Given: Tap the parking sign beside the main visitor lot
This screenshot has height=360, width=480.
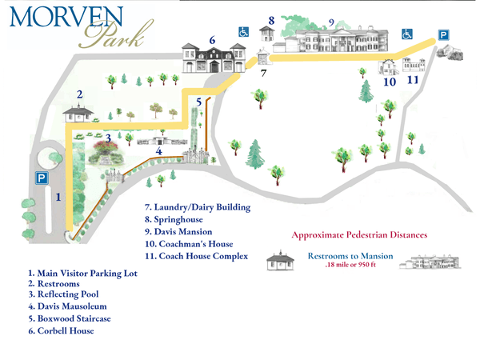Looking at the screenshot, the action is pyautogui.click(x=39, y=178).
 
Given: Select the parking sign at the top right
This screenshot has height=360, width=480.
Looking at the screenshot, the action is pyautogui.click(x=442, y=34).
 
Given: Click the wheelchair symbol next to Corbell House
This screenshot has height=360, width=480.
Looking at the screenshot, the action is pyautogui.click(x=243, y=32).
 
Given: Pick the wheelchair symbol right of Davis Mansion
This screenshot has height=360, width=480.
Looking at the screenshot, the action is pyautogui.click(x=406, y=34).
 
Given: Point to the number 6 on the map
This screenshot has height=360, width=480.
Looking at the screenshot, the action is pyautogui.click(x=212, y=39).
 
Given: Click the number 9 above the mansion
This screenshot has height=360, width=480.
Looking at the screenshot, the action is pyautogui.click(x=330, y=22).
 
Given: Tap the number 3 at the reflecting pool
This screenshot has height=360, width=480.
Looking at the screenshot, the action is pyautogui.click(x=97, y=137).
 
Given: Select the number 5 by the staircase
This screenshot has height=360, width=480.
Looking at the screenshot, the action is pyautogui.click(x=198, y=102).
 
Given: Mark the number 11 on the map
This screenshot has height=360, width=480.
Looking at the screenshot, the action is pyautogui.click(x=413, y=80).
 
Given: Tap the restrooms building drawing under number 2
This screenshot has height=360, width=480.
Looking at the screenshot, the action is pyautogui.click(x=80, y=114).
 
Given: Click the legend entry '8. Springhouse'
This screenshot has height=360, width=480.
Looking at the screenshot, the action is pyautogui.click(x=174, y=219).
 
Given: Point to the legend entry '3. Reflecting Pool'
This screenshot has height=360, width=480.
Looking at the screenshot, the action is pyautogui.click(x=68, y=294).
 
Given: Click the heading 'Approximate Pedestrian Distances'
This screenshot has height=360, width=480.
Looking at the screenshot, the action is pyautogui.click(x=360, y=234).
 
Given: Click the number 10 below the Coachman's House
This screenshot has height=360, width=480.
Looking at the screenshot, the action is pyautogui.click(x=390, y=81).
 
